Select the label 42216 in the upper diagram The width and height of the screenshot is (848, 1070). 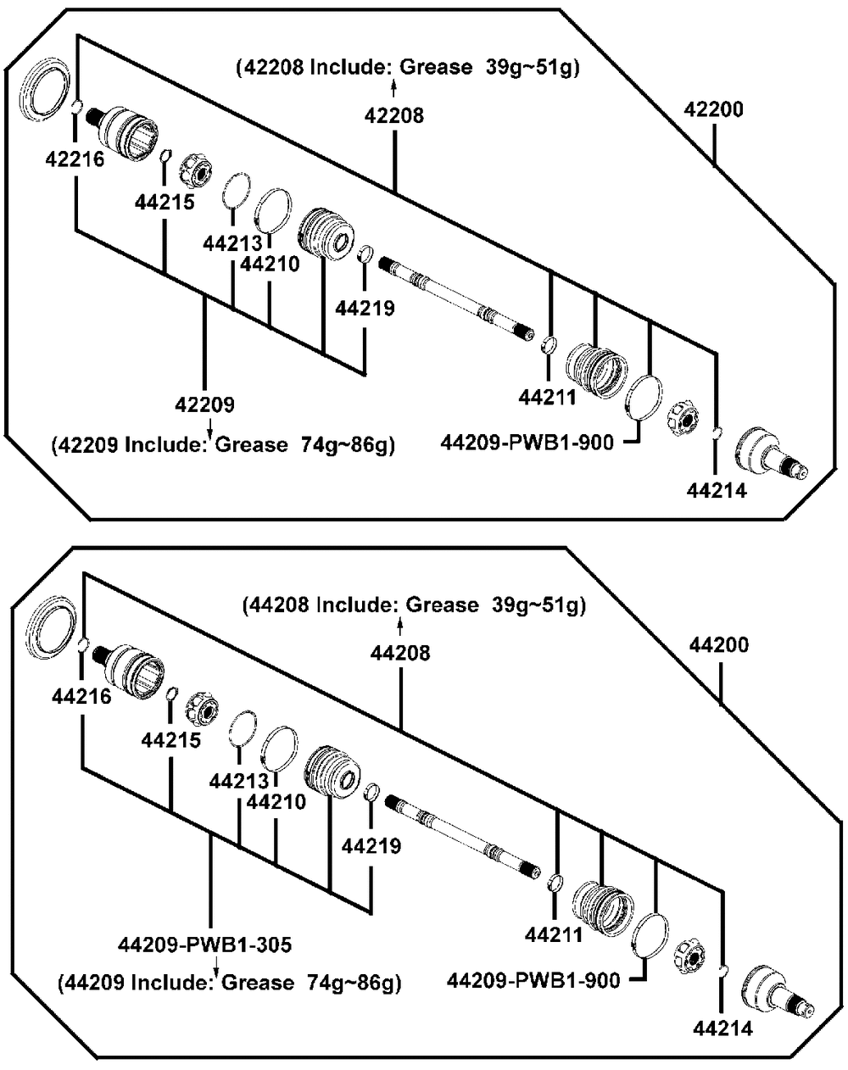75,159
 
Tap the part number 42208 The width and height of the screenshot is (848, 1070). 394,114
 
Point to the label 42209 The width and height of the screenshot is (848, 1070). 205,404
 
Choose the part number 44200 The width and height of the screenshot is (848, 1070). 720,645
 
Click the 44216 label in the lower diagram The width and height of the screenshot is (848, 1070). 81,697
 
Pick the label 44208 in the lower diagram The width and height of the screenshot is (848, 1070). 400,652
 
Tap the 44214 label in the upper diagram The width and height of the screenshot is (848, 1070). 717,490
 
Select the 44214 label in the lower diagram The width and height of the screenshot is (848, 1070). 722,1029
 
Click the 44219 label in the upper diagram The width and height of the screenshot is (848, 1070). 365,308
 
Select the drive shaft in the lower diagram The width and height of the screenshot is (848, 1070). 462,834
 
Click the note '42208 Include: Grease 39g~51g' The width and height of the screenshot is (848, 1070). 408,68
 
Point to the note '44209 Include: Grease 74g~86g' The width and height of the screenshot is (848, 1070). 229,984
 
